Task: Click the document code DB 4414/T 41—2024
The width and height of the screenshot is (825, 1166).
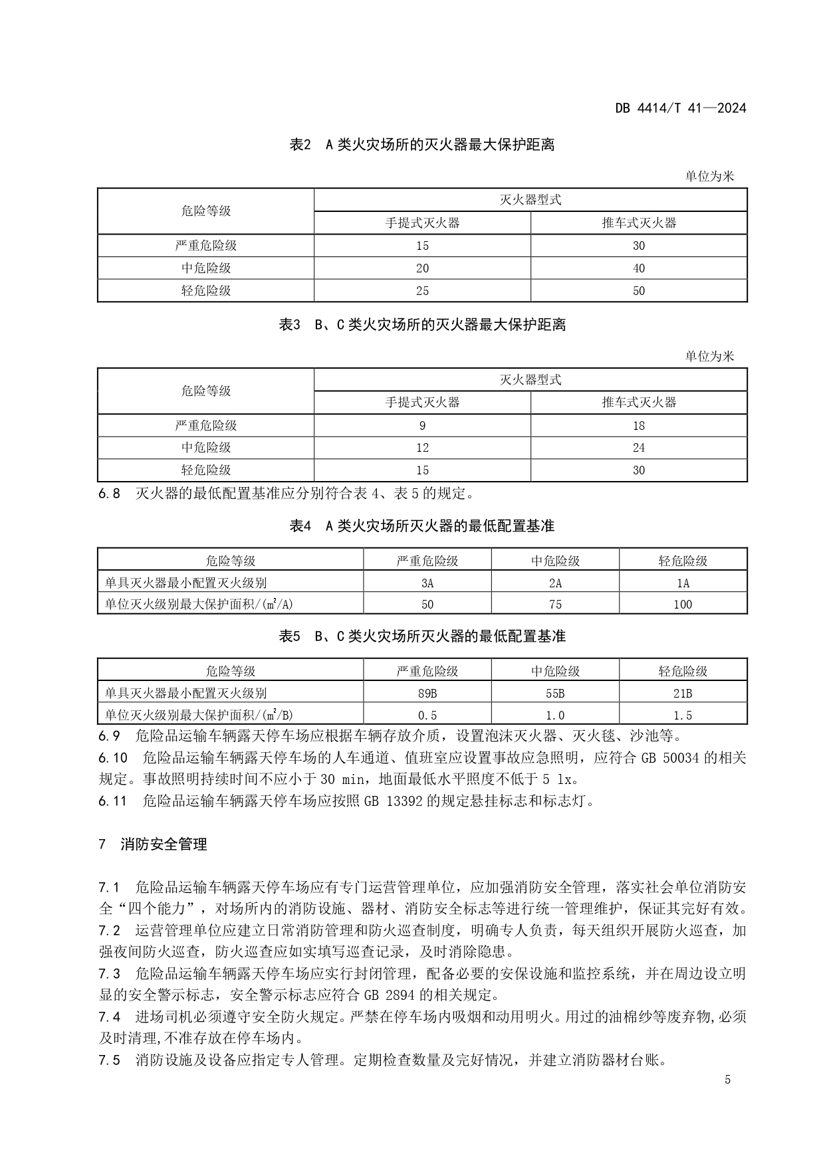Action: pyautogui.click(x=680, y=108)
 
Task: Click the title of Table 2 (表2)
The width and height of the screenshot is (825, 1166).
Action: pyautogui.click(x=422, y=145)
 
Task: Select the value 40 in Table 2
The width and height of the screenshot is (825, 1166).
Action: pyautogui.click(x=638, y=268)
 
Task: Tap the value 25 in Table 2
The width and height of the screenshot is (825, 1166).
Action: pyautogui.click(x=422, y=291)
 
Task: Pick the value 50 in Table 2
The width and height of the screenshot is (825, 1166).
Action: pyautogui.click(x=638, y=291)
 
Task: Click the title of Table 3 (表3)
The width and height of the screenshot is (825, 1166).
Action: pyautogui.click(x=422, y=325)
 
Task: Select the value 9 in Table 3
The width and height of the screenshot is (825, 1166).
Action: pyautogui.click(x=422, y=426)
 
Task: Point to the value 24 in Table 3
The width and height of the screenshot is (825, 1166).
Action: pyautogui.click(x=638, y=448)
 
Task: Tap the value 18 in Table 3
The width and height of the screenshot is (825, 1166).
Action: pyautogui.click(x=638, y=426)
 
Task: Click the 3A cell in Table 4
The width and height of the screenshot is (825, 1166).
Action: pyautogui.click(x=427, y=583)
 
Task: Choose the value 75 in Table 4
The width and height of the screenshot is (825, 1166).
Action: pyautogui.click(x=555, y=605)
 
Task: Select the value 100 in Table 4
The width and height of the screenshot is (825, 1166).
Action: pyautogui.click(x=683, y=605)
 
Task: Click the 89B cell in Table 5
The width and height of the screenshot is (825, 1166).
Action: pyautogui.click(x=427, y=694)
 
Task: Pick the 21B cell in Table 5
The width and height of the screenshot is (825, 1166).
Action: pyautogui.click(x=683, y=694)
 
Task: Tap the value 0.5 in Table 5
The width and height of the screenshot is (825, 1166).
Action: pyautogui.click(x=427, y=716)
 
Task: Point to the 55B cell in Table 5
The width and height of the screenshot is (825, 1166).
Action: pyautogui.click(x=555, y=694)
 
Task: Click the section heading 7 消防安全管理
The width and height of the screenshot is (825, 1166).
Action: pyautogui.click(x=153, y=844)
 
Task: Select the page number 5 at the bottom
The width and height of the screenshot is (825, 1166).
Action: pyautogui.click(x=727, y=1080)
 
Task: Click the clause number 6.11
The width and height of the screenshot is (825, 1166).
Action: pyautogui.click(x=112, y=801)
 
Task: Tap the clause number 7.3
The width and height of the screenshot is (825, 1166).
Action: pyautogui.click(x=109, y=974)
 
